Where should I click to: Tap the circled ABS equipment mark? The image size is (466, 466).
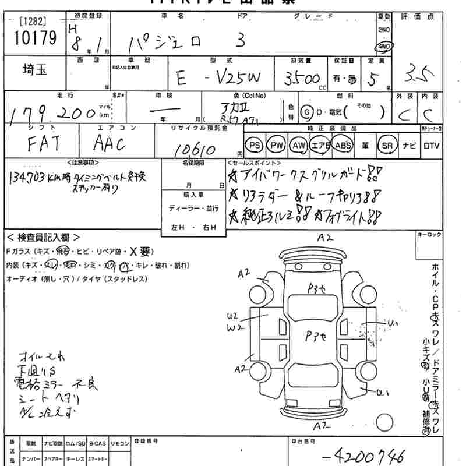pos(343,145)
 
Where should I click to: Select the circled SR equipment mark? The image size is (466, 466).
pos(386,145)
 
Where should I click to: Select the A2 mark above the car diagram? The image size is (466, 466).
pos(324,238)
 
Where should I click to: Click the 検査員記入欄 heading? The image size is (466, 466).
pos(44,238)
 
